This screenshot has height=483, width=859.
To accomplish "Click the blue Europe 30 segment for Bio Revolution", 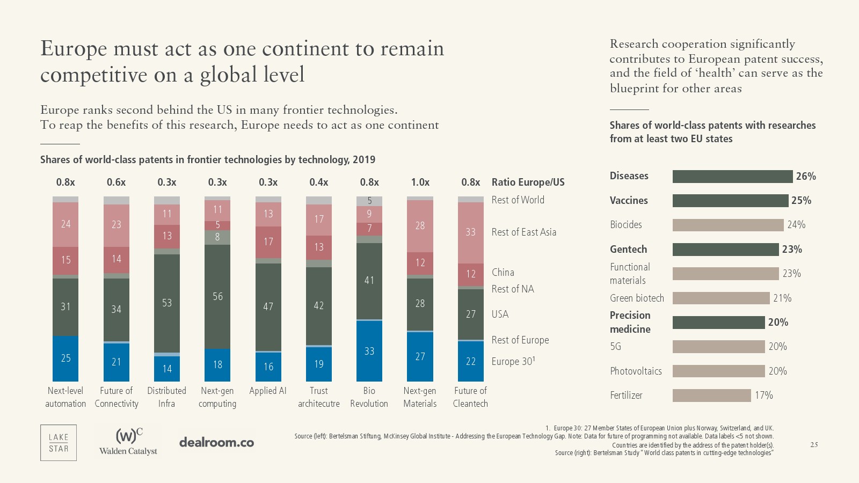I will [x=369, y=351].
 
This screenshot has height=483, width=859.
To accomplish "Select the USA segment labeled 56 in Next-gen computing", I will [x=217, y=297].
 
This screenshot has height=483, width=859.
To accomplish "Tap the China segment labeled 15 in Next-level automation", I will [x=65, y=260].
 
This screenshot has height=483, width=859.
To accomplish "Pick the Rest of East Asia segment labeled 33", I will [x=470, y=232].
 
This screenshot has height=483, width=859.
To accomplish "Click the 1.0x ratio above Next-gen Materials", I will [x=420, y=182].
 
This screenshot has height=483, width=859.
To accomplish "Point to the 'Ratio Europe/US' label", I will [x=528, y=182].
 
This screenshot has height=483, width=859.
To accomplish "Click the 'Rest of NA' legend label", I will [x=513, y=289].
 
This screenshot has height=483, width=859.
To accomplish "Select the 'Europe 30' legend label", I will [x=513, y=362].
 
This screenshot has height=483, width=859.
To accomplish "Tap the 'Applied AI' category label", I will [x=268, y=391].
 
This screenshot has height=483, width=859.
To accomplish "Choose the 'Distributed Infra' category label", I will [x=166, y=397].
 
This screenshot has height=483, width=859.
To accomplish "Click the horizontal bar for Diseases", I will [x=732, y=177].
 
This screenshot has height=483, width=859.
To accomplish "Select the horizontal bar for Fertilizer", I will [x=711, y=396].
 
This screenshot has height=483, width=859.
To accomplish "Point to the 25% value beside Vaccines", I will [x=801, y=201].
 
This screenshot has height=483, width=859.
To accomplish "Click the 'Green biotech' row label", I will [x=637, y=298].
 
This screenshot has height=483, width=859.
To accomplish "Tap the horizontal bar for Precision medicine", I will [x=718, y=323].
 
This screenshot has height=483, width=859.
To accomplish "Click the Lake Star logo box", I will [x=59, y=443].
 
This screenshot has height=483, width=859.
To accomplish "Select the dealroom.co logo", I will [x=216, y=443].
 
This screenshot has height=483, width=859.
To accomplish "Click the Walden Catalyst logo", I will [x=128, y=442].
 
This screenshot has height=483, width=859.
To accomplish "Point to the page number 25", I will [x=814, y=445].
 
